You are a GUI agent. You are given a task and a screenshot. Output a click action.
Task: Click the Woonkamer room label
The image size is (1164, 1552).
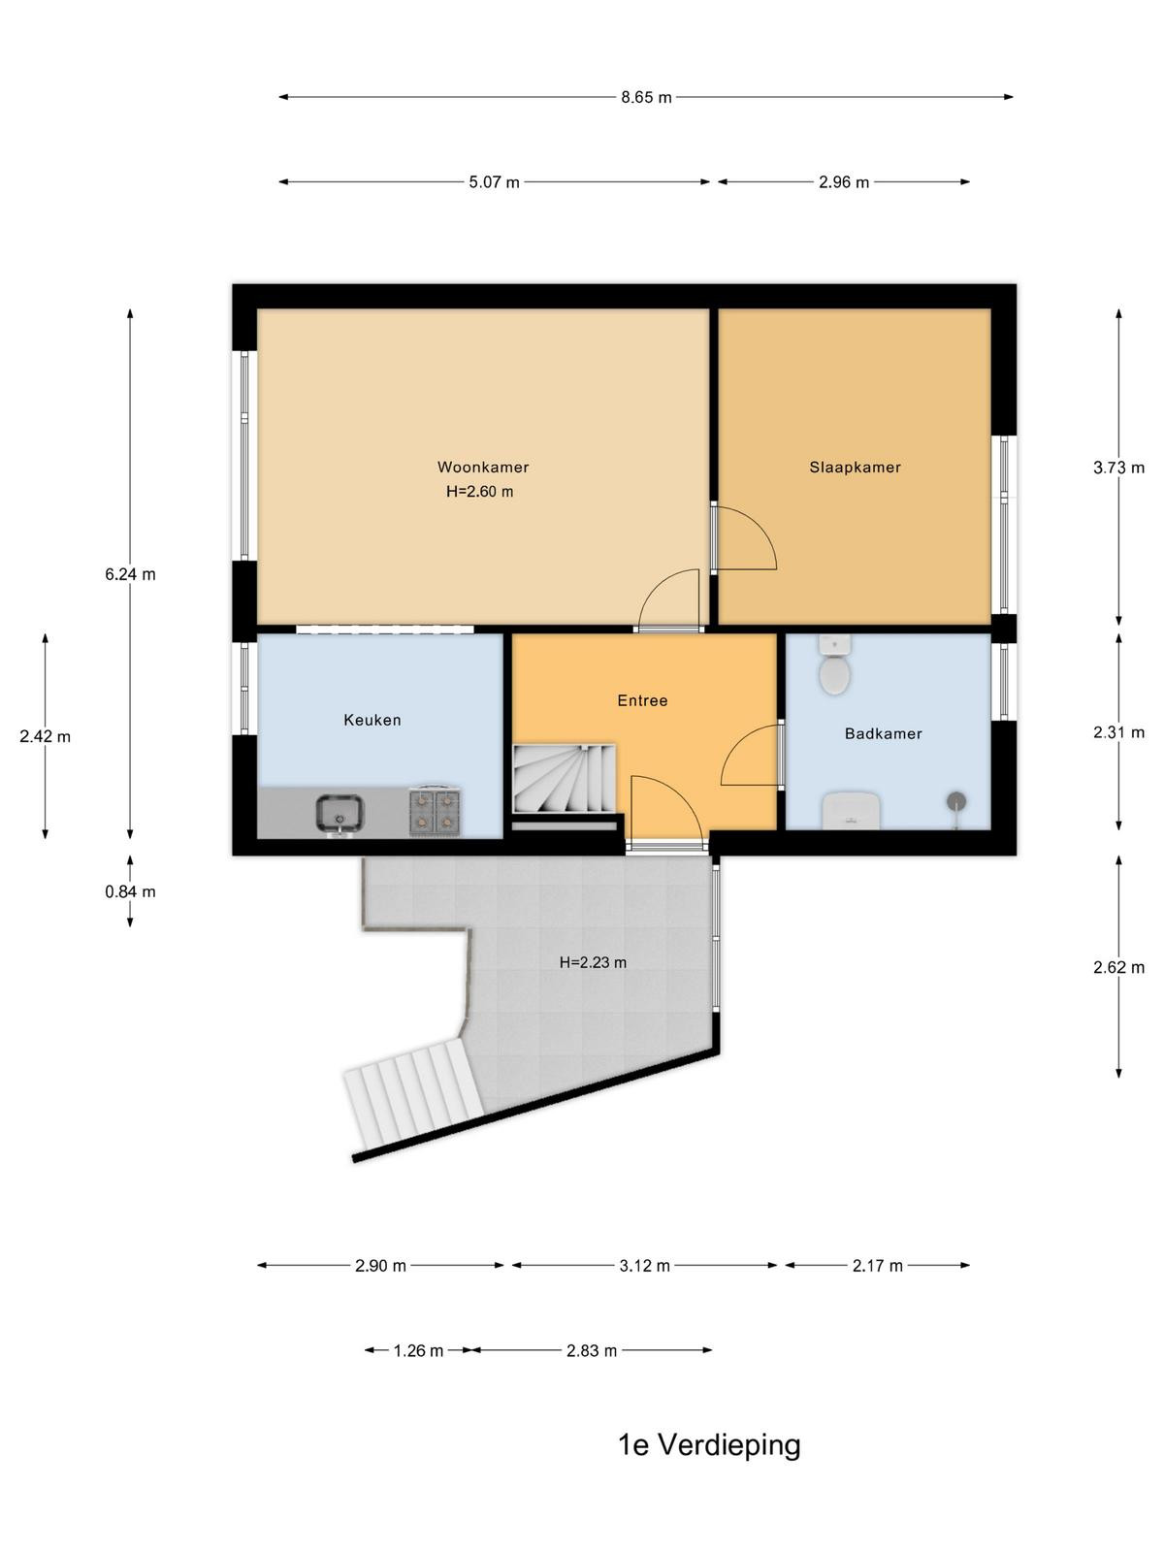point(483,467)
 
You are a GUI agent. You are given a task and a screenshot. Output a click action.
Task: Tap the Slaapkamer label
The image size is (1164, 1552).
point(856,467)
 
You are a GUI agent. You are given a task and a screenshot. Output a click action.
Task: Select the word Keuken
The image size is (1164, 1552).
point(372,720)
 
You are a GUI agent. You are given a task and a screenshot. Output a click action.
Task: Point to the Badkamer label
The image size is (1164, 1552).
point(884,733)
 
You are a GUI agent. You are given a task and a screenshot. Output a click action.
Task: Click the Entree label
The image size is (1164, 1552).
point(642,700)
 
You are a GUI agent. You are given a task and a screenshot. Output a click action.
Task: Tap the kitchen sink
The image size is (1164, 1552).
point(339,814)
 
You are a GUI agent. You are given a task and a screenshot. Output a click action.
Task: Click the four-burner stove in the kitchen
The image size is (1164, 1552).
point(435,810)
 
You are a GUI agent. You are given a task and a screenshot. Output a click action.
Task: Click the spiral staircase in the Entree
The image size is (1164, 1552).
point(565,779)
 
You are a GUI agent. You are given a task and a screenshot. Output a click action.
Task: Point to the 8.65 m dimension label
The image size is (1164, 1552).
point(646,98)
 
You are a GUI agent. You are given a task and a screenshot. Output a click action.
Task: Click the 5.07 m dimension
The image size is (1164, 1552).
point(494,182)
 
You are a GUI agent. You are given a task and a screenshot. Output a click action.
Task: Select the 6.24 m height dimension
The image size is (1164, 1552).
point(130,574)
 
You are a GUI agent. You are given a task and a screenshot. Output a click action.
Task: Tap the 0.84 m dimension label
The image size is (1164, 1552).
point(130,891)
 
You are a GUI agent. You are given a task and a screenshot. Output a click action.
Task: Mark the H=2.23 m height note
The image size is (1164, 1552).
point(593,962)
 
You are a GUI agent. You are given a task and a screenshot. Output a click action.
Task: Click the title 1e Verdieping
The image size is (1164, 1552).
point(710,1445)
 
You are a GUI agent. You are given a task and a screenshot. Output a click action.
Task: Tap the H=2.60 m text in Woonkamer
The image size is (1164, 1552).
point(479,492)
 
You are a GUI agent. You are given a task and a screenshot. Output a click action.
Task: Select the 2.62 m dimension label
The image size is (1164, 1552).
point(1118,967)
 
